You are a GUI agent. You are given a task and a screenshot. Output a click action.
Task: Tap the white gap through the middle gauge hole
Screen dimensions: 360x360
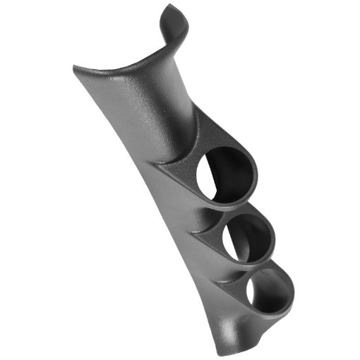[234, 244]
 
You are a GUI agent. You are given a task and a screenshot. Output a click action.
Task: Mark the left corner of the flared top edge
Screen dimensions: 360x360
[75, 68]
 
